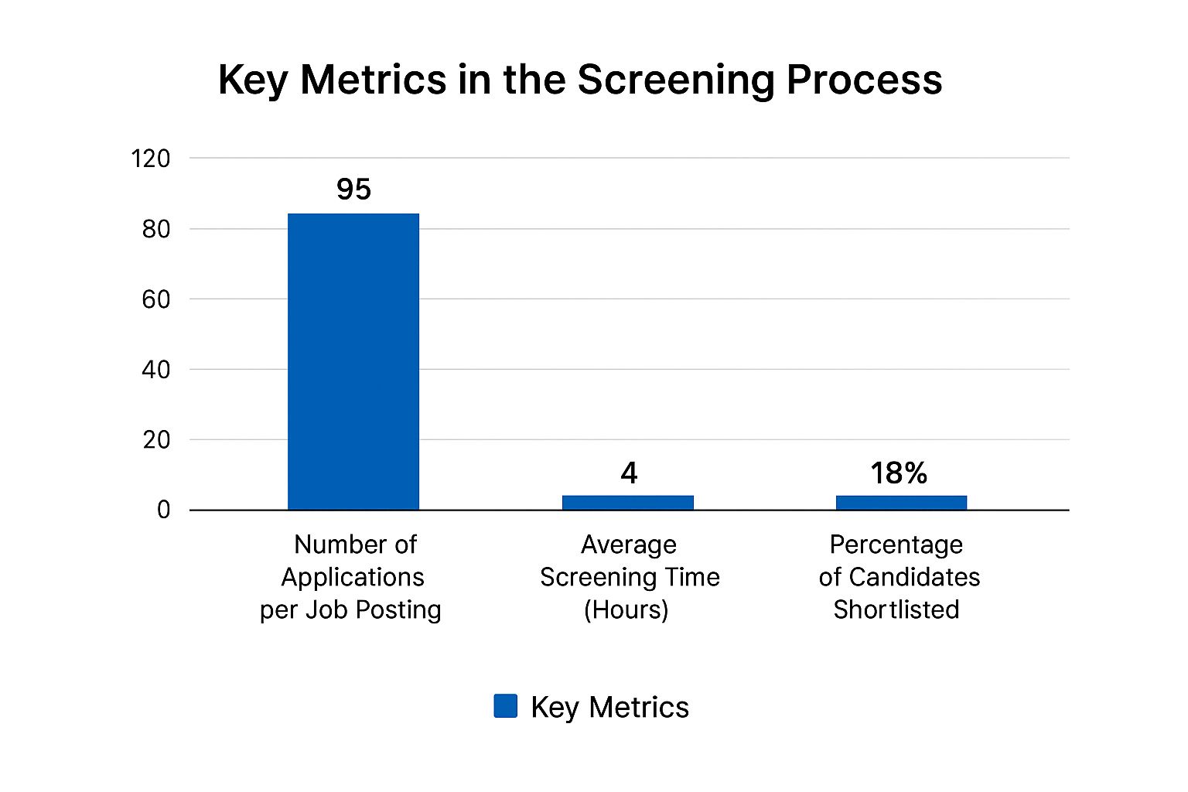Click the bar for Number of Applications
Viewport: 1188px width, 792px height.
(353, 361)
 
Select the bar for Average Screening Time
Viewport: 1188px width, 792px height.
(627, 502)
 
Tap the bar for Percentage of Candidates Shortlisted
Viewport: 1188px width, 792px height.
(901, 502)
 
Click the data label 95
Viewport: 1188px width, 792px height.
(353, 189)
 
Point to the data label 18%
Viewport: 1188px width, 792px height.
(899, 473)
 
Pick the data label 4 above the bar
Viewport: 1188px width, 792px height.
(629, 473)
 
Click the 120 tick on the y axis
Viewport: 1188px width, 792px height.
(151, 159)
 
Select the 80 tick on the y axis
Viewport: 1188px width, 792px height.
(156, 229)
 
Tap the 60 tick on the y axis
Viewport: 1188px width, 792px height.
(156, 299)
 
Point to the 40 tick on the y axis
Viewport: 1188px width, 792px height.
(156, 370)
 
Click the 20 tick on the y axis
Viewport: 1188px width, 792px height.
(156, 440)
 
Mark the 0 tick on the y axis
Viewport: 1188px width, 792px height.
(163, 510)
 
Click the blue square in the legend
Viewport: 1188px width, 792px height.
(505, 706)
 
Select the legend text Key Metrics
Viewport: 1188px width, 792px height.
(609, 708)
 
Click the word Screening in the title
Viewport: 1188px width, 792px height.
(677, 80)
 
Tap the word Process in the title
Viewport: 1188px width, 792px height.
(864, 80)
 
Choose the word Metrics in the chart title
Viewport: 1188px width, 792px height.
(373, 80)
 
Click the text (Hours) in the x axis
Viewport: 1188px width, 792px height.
(626, 609)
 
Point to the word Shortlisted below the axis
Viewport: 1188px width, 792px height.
(896, 609)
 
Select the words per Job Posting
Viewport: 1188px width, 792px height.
(350, 610)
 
